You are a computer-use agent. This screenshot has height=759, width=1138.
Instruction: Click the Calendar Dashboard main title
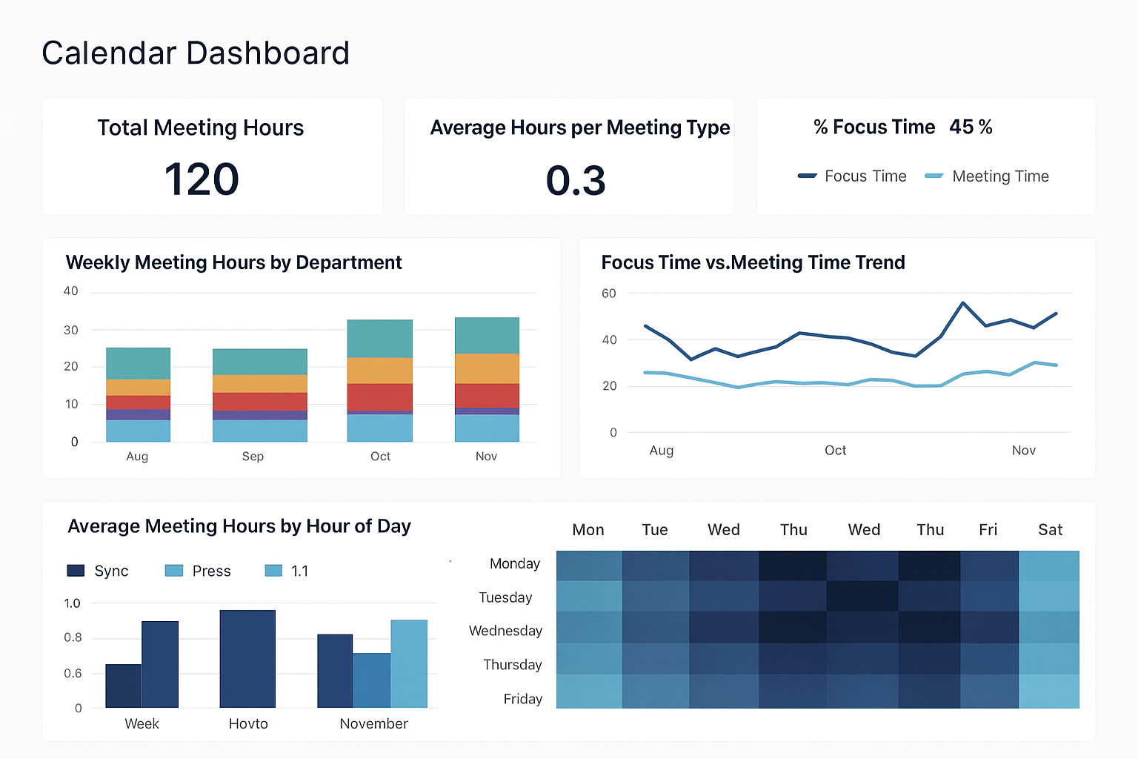(196, 53)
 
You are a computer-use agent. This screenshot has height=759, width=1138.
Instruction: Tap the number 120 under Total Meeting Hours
(202, 179)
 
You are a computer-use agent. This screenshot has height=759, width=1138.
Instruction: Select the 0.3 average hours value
(576, 181)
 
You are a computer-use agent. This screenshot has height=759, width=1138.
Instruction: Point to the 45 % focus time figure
(971, 127)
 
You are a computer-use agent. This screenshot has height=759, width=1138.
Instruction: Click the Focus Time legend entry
(852, 176)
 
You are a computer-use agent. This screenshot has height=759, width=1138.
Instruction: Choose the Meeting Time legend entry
(987, 176)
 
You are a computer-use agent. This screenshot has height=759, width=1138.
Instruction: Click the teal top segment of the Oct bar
(380, 339)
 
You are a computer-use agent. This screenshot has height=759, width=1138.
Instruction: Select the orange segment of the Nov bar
(487, 368)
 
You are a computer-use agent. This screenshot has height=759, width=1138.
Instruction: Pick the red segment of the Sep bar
(260, 401)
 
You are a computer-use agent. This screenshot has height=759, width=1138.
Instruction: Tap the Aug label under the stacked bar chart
(137, 457)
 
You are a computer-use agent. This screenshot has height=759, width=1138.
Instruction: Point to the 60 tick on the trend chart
(609, 294)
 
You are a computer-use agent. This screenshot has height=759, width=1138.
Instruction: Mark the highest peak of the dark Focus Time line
(962, 302)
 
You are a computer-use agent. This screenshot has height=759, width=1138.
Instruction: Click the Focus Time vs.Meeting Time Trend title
(753, 262)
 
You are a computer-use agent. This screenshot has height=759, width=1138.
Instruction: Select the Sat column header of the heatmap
(1050, 530)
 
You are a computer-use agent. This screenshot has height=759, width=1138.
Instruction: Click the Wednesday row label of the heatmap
(505, 631)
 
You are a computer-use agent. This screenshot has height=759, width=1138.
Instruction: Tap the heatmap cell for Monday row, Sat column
(1049, 566)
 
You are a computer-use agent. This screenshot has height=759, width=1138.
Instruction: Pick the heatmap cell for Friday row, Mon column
(589, 691)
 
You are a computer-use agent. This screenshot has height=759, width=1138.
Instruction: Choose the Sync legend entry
(98, 571)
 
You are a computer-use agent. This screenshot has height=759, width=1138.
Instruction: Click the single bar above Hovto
(247, 658)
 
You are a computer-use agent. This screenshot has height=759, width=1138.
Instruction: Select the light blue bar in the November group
(409, 663)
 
